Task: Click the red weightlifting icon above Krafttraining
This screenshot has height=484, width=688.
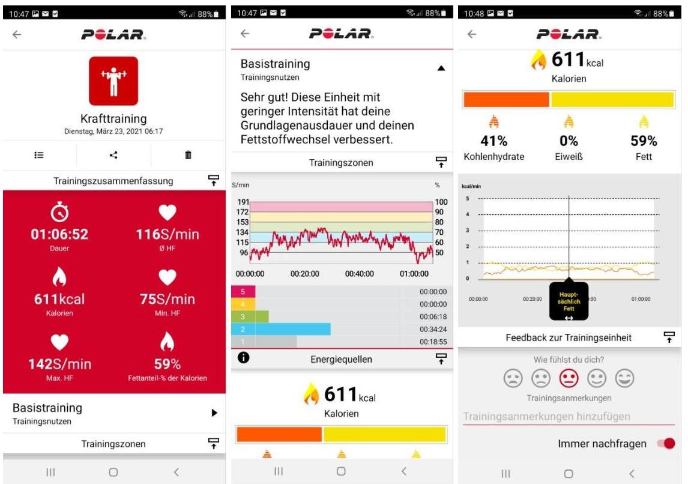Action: point(113,80)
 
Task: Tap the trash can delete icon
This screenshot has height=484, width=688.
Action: point(188,155)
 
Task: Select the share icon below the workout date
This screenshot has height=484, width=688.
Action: point(113,155)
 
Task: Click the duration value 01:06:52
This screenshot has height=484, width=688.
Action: point(59,234)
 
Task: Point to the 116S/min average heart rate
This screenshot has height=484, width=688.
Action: point(167,234)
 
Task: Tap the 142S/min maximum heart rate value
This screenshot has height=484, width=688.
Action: point(59,364)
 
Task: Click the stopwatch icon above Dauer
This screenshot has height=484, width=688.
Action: point(59,212)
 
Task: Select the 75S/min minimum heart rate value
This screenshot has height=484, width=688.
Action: point(167,299)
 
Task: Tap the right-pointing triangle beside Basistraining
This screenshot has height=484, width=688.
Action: point(214,413)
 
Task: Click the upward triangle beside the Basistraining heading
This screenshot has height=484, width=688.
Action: point(441,68)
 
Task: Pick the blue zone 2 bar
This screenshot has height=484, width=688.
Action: point(292,329)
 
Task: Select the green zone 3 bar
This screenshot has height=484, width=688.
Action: point(262,316)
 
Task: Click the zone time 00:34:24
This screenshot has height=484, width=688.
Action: point(433,329)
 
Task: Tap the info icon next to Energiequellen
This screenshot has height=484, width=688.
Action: point(244,358)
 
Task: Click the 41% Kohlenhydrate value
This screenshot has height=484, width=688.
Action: point(493,141)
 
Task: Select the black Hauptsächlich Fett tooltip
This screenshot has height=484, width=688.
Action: point(569,301)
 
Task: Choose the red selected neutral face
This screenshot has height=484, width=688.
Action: point(569,378)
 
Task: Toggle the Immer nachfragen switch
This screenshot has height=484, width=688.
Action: point(666,444)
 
